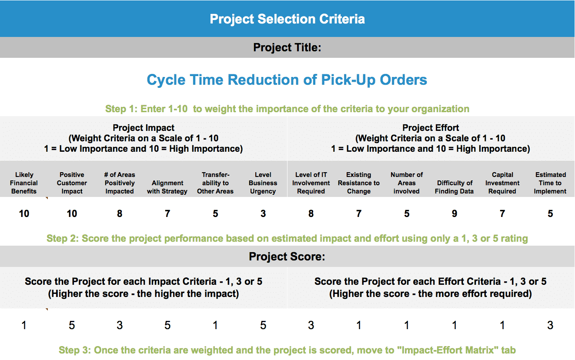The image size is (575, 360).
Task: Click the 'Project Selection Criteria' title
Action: pyautogui.click(x=287, y=19)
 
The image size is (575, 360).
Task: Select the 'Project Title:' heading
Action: pyautogui.click(x=287, y=47)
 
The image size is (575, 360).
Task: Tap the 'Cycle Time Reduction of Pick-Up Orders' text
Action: pyautogui.click(x=287, y=80)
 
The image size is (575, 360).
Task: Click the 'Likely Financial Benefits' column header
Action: pyautogui.click(x=24, y=183)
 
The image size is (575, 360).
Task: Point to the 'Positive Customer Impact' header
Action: pyautogui.click(x=72, y=183)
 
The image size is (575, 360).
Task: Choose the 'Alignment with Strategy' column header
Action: pyautogui.click(x=167, y=187)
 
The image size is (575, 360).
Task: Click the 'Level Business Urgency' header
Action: pyautogui.click(x=263, y=183)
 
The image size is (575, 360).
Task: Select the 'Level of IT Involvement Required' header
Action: pyautogui.click(x=311, y=183)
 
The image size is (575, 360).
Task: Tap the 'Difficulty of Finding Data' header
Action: pyautogui.click(x=455, y=187)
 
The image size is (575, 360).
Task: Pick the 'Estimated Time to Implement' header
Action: pyautogui.click(x=550, y=183)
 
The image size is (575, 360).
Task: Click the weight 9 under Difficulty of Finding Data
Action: pyautogui.click(x=455, y=213)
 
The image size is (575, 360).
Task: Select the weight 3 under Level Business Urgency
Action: pyautogui.click(x=263, y=213)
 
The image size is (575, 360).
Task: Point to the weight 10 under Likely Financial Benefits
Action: pyautogui.click(x=24, y=213)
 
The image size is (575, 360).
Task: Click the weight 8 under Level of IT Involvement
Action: pyautogui.click(x=311, y=213)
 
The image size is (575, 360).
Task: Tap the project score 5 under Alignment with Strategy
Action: pyautogui.click(x=167, y=325)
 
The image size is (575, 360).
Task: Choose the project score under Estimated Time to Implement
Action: pyautogui.click(x=550, y=325)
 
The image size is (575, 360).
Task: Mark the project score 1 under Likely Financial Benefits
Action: pyautogui.click(x=24, y=325)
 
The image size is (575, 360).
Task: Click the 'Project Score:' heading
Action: pyautogui.click(x=287, y=257)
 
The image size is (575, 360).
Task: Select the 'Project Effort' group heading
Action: pyautogui.click(x=431, y=128)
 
